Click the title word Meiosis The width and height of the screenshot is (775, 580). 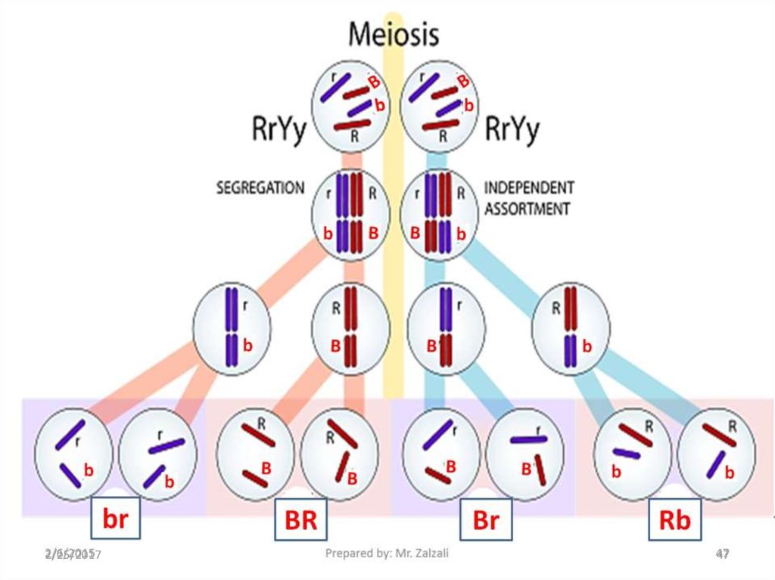[x=393, y=33]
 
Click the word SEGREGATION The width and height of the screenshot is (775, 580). [x=260, y=188]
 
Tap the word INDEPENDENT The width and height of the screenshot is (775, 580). [x=528, y=187]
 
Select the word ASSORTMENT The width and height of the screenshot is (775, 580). [x=526, y=208]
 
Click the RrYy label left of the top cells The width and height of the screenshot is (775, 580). [x=279, y=130]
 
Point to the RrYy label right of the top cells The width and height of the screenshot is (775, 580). [x=512, y=130]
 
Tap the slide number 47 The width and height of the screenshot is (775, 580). [x=723, y=554]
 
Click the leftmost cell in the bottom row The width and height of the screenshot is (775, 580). [x=74, y=453]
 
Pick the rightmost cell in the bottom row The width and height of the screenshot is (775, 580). [x=715, y=453]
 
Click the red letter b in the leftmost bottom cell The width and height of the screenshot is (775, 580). [x=89, y=470]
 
